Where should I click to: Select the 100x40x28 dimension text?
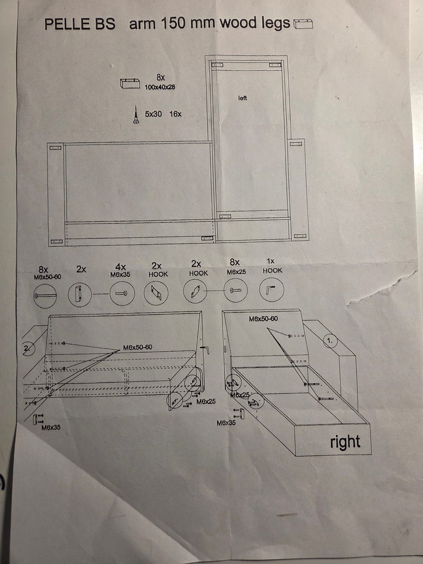click(x=160, y=87)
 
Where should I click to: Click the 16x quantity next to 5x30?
click(x=175, y=114)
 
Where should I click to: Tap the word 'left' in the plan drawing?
click(x=242, y=98)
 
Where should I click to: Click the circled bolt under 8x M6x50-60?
click(x=45, y=295)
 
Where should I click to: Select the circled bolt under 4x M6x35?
click(x=122, y=293)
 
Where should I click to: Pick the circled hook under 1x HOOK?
click(x=272, y=290)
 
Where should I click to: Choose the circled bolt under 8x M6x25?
click(x=235, y=291)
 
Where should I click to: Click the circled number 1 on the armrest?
click(x=330, y=340)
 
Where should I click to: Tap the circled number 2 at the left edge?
click(x=27, y=349)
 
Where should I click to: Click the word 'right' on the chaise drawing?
click(x=345, y=442)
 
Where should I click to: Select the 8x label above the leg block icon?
click(x=160, y=78)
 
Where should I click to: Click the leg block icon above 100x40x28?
click(x=130, y=83)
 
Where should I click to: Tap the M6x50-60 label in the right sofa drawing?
click(x=263, y=319)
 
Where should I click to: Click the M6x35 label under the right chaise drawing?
click(x=226, y=423)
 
